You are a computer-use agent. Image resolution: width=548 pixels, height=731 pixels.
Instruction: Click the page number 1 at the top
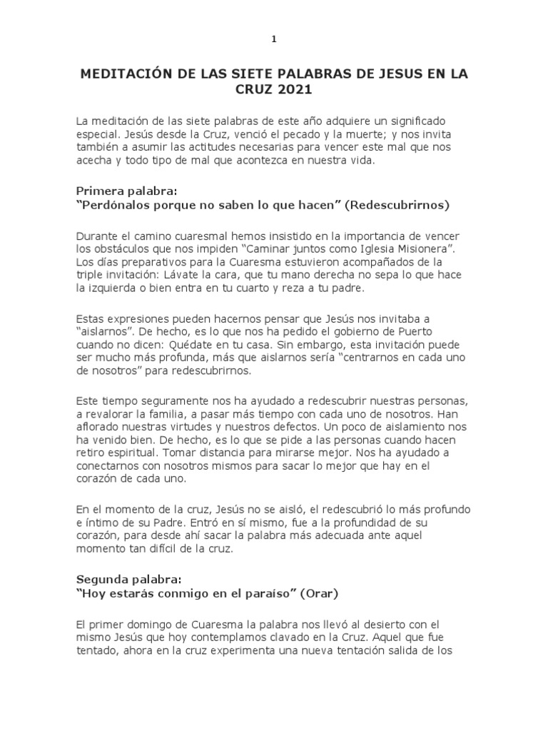pos(274,39)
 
